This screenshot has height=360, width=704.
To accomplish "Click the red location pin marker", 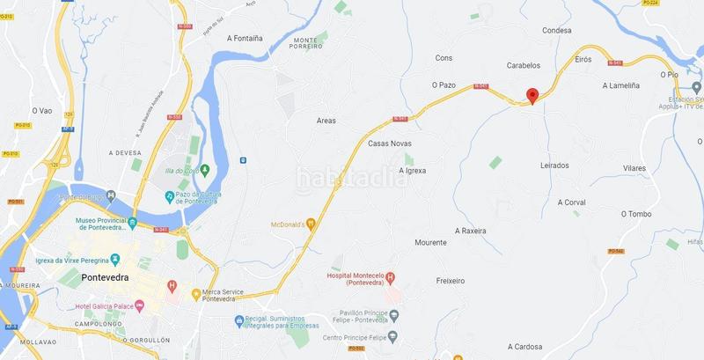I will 531,96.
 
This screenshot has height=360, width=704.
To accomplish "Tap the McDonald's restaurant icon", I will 310,224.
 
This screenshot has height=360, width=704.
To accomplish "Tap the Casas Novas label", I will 390,143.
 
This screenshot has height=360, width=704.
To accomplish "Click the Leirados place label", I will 554,165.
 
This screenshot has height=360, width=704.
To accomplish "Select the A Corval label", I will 571,202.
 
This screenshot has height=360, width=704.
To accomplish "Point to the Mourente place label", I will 430,242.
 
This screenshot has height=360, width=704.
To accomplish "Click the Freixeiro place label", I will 450,281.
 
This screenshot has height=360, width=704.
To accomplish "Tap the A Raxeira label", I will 470,231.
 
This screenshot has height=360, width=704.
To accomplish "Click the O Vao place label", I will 43,111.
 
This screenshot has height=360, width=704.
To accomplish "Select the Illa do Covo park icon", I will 204,170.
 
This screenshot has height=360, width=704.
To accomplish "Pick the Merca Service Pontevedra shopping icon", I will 196,292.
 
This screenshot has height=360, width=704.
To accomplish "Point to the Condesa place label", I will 557,30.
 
